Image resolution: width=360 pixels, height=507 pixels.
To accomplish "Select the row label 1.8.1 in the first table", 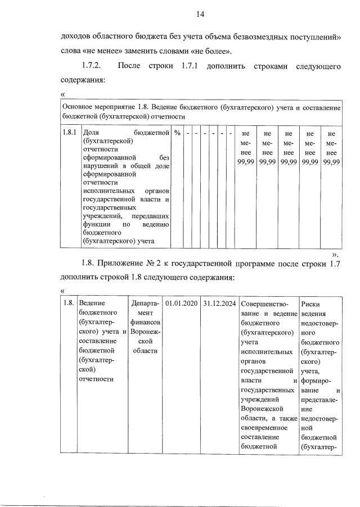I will click(x=69, y=133).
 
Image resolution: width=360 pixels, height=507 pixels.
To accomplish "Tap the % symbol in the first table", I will click(x=177, y=133).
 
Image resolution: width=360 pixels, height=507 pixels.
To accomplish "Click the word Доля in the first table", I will click(x=91, y=133).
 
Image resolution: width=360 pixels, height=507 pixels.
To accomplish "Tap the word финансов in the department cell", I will click(x=145, y=323).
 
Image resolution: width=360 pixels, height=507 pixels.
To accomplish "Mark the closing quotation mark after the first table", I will click(x=335, y=254).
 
